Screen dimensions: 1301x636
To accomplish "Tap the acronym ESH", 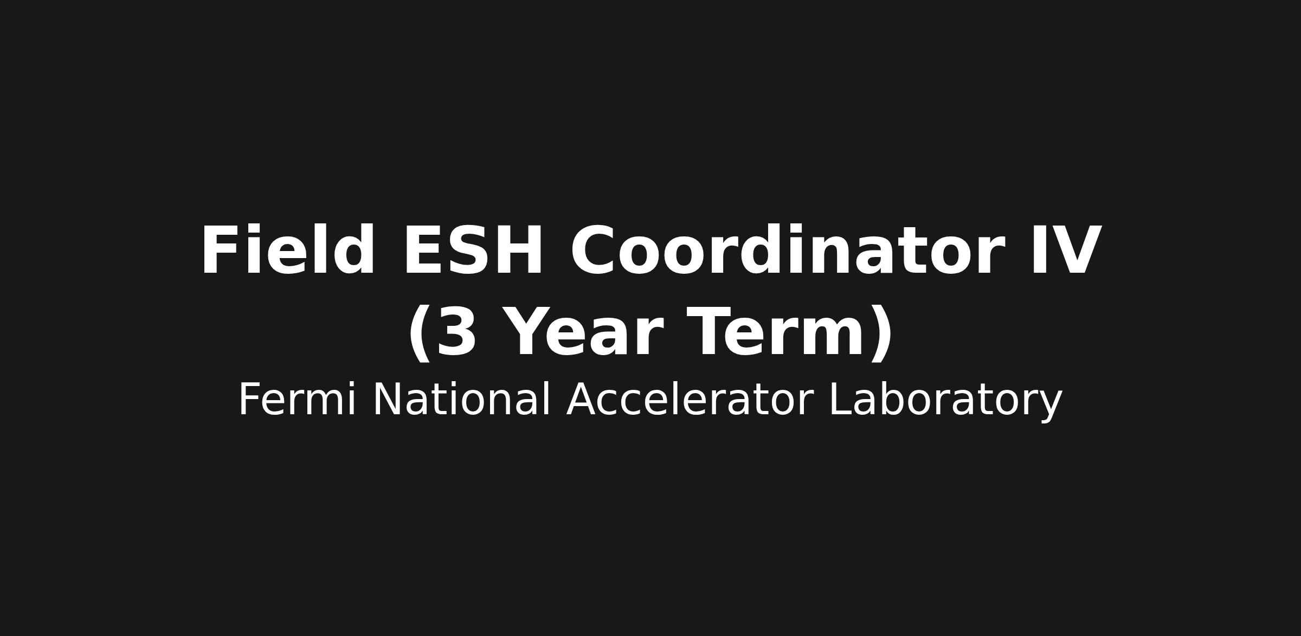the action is pyautogui.click(x=473, y=251).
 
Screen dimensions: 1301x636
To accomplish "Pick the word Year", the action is pyautogui.click(x=585, y=332).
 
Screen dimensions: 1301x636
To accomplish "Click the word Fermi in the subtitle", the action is pyautogui.click(x=298, y=399).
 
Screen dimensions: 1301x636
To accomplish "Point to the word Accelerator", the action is pyautogui.click(x=690, y=399).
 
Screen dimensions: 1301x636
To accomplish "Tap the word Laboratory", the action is pyautogui.click(x=946, y=402).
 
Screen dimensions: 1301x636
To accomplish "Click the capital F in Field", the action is pyautogui.click(x=220, y=251).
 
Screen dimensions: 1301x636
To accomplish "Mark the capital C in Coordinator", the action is pyautogui.click(x=592, y=251).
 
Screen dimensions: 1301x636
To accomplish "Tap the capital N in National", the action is pyautogui.click(x=387, y=399).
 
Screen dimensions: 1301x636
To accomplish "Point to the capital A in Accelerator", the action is pyautogui.click(x=582, y=399).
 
